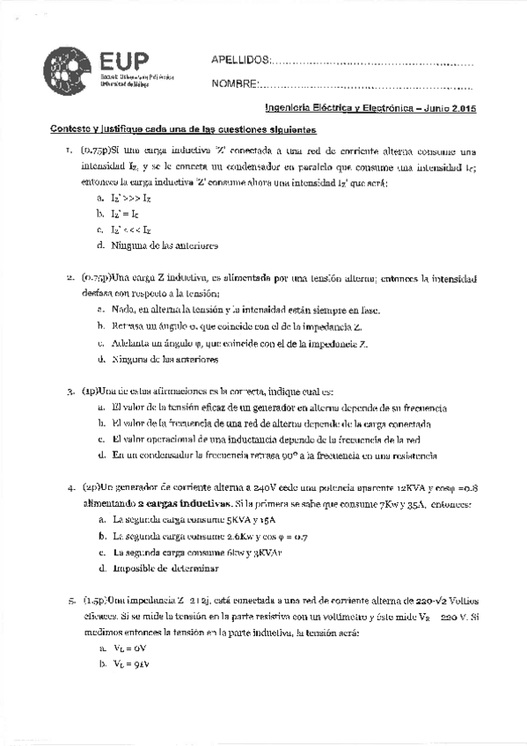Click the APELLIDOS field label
[239, 60]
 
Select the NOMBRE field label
[234, 84]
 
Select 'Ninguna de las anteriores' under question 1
[165, 245]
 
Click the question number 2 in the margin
[70, 278]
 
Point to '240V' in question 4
[265, 486]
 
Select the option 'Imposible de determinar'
[165, 568]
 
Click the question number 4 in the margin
[70, 486]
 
